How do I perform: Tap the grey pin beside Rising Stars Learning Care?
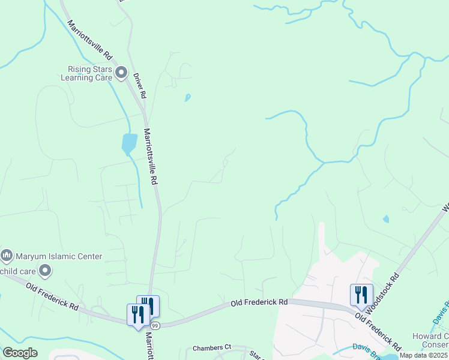[121, 73]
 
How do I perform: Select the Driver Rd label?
[139, 86]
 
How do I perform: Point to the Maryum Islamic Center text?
[59, 256]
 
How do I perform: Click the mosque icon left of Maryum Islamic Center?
[7, 256]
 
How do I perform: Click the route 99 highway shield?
[155, 325]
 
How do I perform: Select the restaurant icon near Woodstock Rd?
[361, 295]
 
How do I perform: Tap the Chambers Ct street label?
[212, 347]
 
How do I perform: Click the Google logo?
[20, 353]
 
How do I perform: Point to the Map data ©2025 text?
[424, 355]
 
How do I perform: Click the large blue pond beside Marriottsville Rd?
[129, 143]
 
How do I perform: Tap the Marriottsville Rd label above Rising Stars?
[90, 40]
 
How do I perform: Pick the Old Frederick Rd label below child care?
[52, 296]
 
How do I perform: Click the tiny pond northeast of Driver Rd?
[188, 97]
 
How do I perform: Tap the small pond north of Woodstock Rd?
[385, 219]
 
